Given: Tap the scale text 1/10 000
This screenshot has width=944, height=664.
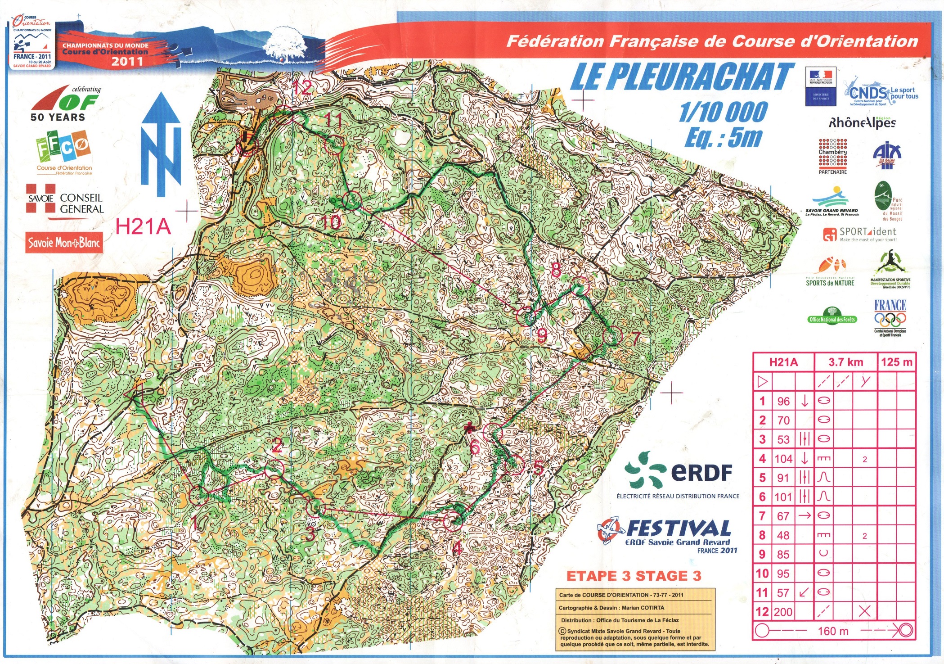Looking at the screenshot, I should [x=723, y=112].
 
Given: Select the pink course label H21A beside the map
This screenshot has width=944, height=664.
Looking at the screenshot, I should [x=143, y=226].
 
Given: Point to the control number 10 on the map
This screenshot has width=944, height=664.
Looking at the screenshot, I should [x=332, y=222].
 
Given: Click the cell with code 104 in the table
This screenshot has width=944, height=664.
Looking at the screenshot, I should [x=783, y=459].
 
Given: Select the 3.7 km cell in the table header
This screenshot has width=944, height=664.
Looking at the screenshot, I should [x=845, y=362].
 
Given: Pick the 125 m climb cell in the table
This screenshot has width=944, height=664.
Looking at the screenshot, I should [x=896, y=362].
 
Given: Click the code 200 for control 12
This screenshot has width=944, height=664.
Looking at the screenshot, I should [x=783, y=612].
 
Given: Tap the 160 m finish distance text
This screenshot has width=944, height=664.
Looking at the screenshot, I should [x=833, y=631].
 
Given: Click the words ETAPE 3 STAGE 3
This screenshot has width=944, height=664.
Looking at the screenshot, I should [x=634, y=576].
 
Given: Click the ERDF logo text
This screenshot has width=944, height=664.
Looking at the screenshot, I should [x=701, y=472].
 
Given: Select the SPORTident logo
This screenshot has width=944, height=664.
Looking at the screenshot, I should [x=859, y=234].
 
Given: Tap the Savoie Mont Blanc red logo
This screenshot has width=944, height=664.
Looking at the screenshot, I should [x=64, y=243].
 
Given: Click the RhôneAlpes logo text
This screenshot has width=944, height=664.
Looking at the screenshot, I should [x=862, y=122].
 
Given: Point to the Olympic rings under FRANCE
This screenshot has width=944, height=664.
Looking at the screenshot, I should [x=890, y=320].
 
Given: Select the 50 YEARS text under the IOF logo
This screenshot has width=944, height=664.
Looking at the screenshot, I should [x=58, y=117].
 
